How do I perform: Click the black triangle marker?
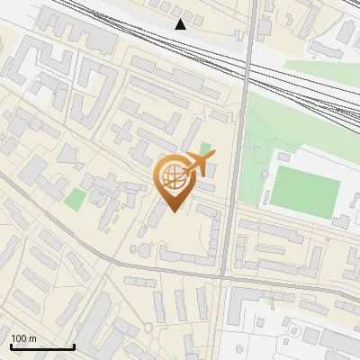(x=181, y=23)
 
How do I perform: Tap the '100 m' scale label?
(x=23, y=338)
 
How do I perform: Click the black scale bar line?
(x=41, y=346)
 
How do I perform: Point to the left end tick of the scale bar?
(x=11, y=345)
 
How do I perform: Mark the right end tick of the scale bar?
(x=73, y=345)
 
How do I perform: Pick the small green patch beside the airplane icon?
(x=205, y=148)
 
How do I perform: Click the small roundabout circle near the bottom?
(x=145, y=325)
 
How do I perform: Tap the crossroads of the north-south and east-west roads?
(x=226, y=279)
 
